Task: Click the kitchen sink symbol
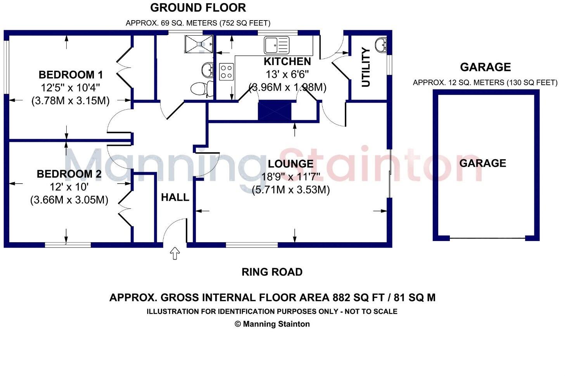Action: [x=276, y=45]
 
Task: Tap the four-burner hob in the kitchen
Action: [x=226, y=72]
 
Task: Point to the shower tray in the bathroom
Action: [x=199, y=44]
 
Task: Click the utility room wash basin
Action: [x=381, y=45]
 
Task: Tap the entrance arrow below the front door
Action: [x=175, y=253]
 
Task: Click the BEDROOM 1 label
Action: [x=71, y=75]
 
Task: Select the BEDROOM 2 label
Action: [x=69, y=174]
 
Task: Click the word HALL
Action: [x=175, y=197]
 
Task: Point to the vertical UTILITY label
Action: [x=366, y=67]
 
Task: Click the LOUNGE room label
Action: [x=290, y=164]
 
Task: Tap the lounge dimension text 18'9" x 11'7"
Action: [x=290, y=177]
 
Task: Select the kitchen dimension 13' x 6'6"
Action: [x=287, y=74]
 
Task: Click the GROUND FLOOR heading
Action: [x=198, y=8]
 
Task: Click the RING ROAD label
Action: [x=272, y=272]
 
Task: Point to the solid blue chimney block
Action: [x=275, y=110]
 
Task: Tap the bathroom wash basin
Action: [x=207, y=70]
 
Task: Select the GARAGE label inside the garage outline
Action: [x=482, y=163]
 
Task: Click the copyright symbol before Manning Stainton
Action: [x=238, y=324]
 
